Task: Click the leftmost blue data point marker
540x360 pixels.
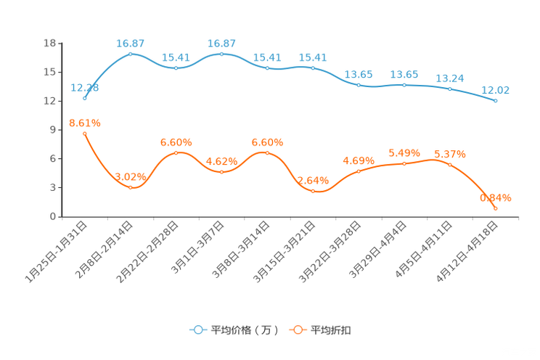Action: tap(85, 98)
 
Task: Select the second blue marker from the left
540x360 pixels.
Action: tap(130, 54)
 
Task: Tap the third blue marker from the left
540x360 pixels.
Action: tap(176, 68)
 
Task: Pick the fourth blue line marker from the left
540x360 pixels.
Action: tap(221, 54)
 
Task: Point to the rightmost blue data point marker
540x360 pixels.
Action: tap(496, 101)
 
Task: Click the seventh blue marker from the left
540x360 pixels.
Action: tap(359, 85)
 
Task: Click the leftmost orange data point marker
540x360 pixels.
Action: tap(85, 134)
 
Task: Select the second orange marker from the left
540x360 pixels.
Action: tap(130, 188)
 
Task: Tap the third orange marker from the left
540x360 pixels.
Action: tap(176, 152)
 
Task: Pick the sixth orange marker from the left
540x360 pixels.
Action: tap(313, 191)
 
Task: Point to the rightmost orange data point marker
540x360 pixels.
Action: tap(496, 208)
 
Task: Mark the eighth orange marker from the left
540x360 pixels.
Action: tap(404, 163)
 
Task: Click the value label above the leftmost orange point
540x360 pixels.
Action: tap(85, 123)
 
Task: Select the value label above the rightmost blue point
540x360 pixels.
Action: tap(496, 91)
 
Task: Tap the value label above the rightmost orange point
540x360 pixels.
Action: tap(496, 197)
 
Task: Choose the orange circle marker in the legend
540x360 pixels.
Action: tap(297, 330)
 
